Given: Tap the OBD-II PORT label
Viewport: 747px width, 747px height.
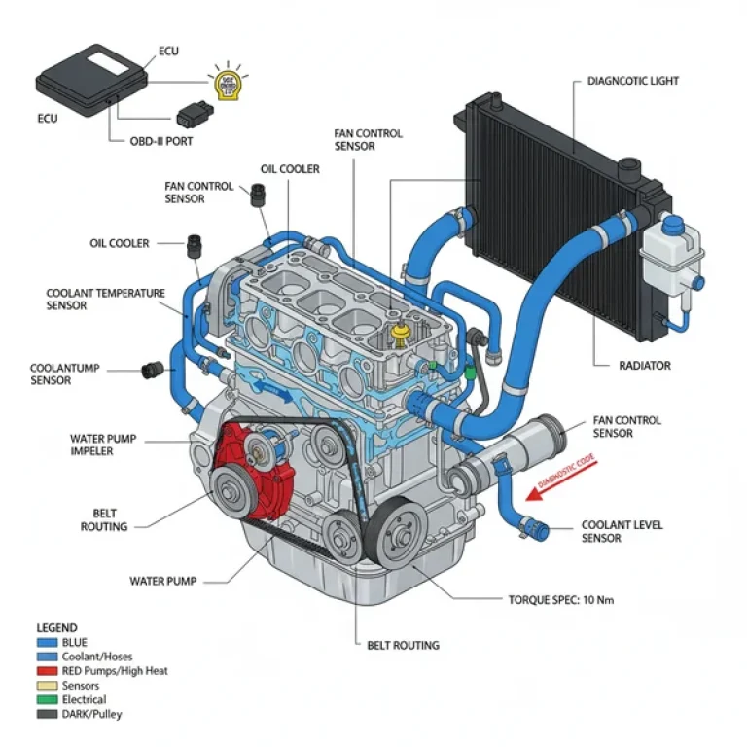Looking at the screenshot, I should (161, 141).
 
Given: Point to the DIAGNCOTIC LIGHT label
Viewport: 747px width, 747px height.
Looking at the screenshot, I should (633, 81).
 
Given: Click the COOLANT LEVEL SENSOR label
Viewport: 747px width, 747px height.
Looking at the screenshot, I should (622, 531).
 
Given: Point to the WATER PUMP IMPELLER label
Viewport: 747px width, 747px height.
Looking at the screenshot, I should (105, 445).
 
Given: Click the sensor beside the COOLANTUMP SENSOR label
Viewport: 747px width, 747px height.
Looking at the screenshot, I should (151, 370).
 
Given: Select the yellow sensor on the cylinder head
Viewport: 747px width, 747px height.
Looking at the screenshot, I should (396, 334).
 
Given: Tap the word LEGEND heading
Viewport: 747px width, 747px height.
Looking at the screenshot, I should (56, 628).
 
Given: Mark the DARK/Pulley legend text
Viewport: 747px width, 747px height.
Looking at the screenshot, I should (92, 714).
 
